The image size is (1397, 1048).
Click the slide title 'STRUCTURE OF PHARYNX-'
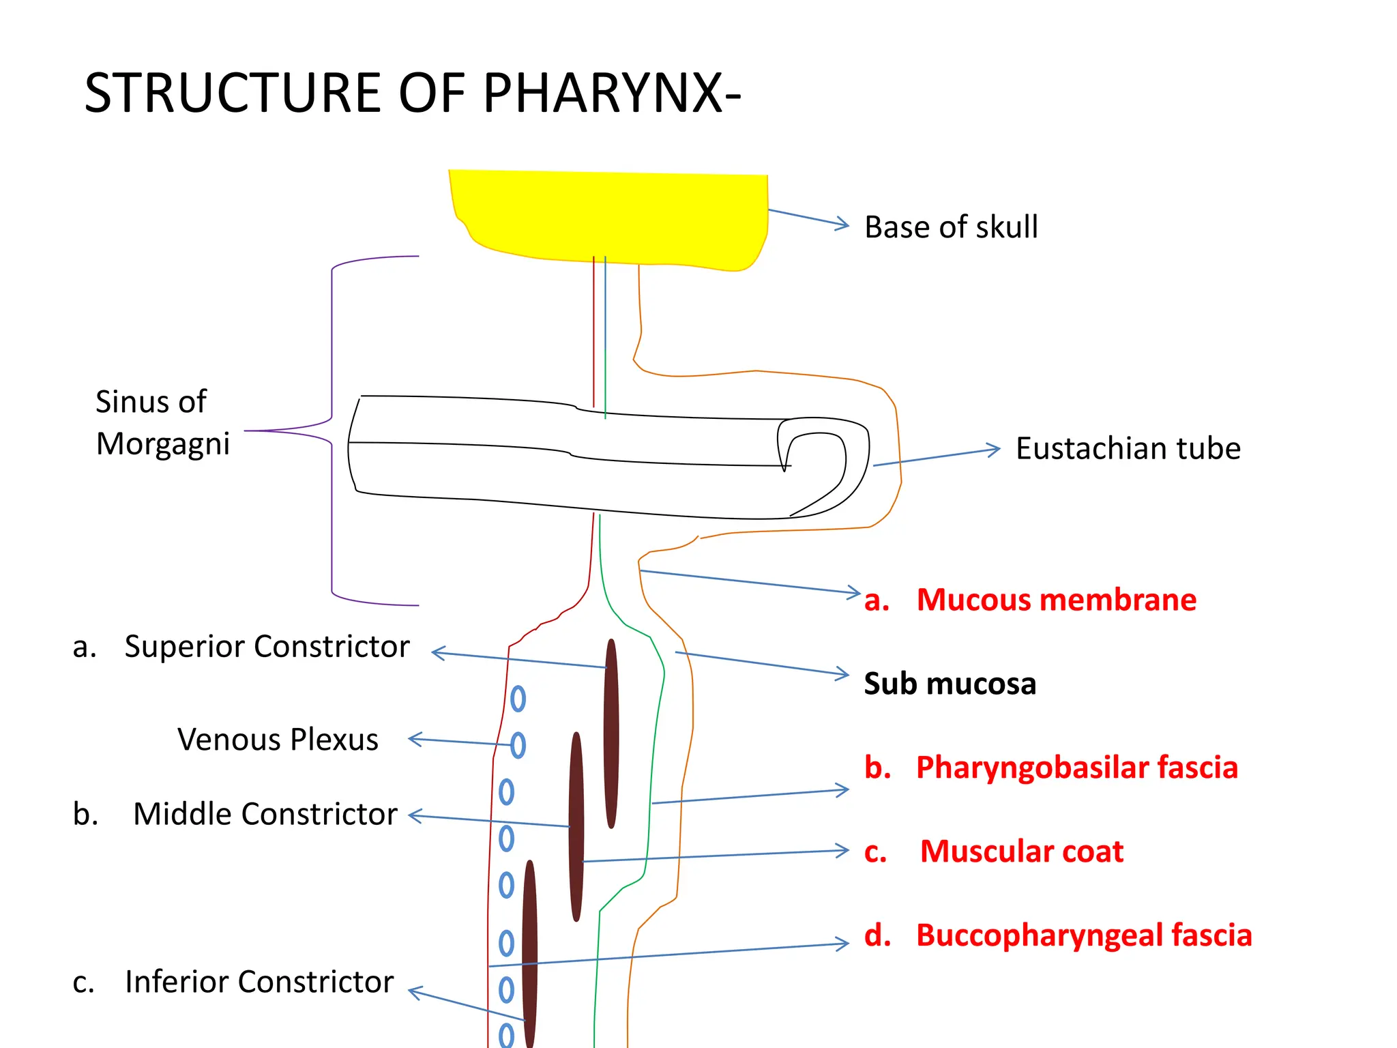(x=412, y=93)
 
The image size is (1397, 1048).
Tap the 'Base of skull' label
(x=950, y=227)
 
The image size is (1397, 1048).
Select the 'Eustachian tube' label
(x=1128, y=449)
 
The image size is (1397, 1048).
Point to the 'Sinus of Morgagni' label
(x=162, y=422)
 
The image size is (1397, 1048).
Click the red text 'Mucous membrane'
(x=1056, y=600)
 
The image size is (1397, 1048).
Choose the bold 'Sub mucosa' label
(x=950, y=684)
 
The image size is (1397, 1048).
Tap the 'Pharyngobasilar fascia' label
(x=1076, y=768)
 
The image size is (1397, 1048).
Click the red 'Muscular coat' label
(x=1021, y=851)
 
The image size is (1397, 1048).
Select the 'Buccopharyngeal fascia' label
(x=1083, y=935)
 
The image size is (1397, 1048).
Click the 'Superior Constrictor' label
(x=266, y=646)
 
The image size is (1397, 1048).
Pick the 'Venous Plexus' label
(x=278, y=740)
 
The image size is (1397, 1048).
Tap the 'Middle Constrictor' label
(x=265, y=814)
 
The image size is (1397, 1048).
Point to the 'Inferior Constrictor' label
(x=259, y=982)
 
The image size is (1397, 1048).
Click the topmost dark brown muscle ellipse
(x=611, y=733)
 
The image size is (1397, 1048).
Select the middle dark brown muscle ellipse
(x=576, y=827)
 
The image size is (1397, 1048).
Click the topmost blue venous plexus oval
(x=518, y=699)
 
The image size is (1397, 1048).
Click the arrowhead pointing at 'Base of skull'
(x=844, y=224)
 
